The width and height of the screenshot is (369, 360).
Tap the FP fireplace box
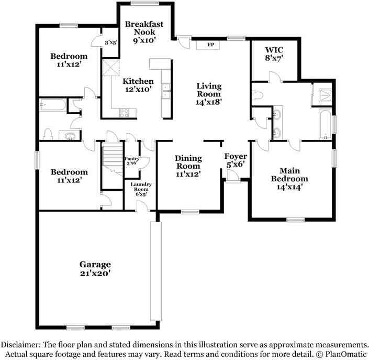click(211, 45)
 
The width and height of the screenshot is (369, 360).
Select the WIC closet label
click(274, 54)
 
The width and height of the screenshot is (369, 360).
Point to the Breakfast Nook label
click(144, 31)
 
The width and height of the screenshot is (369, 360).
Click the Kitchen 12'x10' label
click(138, 85)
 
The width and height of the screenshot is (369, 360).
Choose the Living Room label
click(209, 94)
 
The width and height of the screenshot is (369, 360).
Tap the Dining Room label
click(188, 166)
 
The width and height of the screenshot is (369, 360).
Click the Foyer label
click(235, 160)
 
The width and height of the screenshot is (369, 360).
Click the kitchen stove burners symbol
click(125, 112)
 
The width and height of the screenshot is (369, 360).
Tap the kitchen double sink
click(166, 91)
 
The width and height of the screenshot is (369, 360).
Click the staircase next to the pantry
click(110, 158)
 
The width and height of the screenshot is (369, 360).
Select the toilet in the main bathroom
click(256, 95)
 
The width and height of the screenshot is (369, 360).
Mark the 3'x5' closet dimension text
click(111, 42)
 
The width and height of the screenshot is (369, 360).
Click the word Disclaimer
click(20, 345)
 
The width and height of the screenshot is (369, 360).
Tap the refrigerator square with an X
click(111, 68)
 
